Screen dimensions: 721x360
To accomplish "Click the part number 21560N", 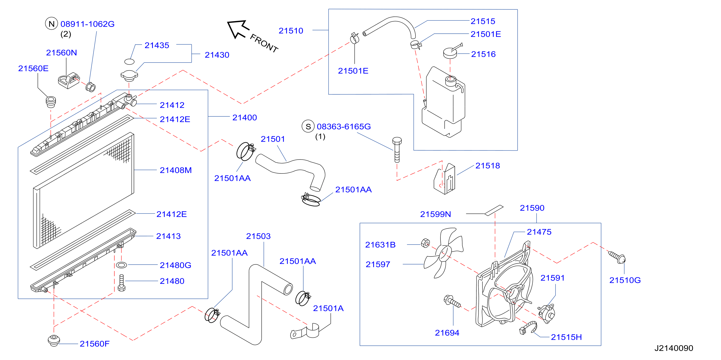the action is [x=61, y=53].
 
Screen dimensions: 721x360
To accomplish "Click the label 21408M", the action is [x=175, y=170].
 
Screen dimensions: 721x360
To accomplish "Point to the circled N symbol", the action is [x=51, y=24].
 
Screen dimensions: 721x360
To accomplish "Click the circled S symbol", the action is [x=308, y=126].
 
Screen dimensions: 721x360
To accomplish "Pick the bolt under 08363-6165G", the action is [x=397, y=150].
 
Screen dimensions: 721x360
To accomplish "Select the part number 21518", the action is [x=488, y=166].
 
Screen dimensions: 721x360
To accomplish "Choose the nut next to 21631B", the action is [x=425, y=243].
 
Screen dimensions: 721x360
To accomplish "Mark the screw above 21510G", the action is [x=617, y=257].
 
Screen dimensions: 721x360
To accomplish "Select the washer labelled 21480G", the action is [x=121, y=265].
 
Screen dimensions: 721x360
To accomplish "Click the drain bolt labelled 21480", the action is [x=122, y=283].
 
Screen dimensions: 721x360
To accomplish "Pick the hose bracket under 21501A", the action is [x=306, y=331].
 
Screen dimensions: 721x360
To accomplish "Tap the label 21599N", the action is [x=436, y=214].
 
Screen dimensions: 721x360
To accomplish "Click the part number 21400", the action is [x=245, y=117].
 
